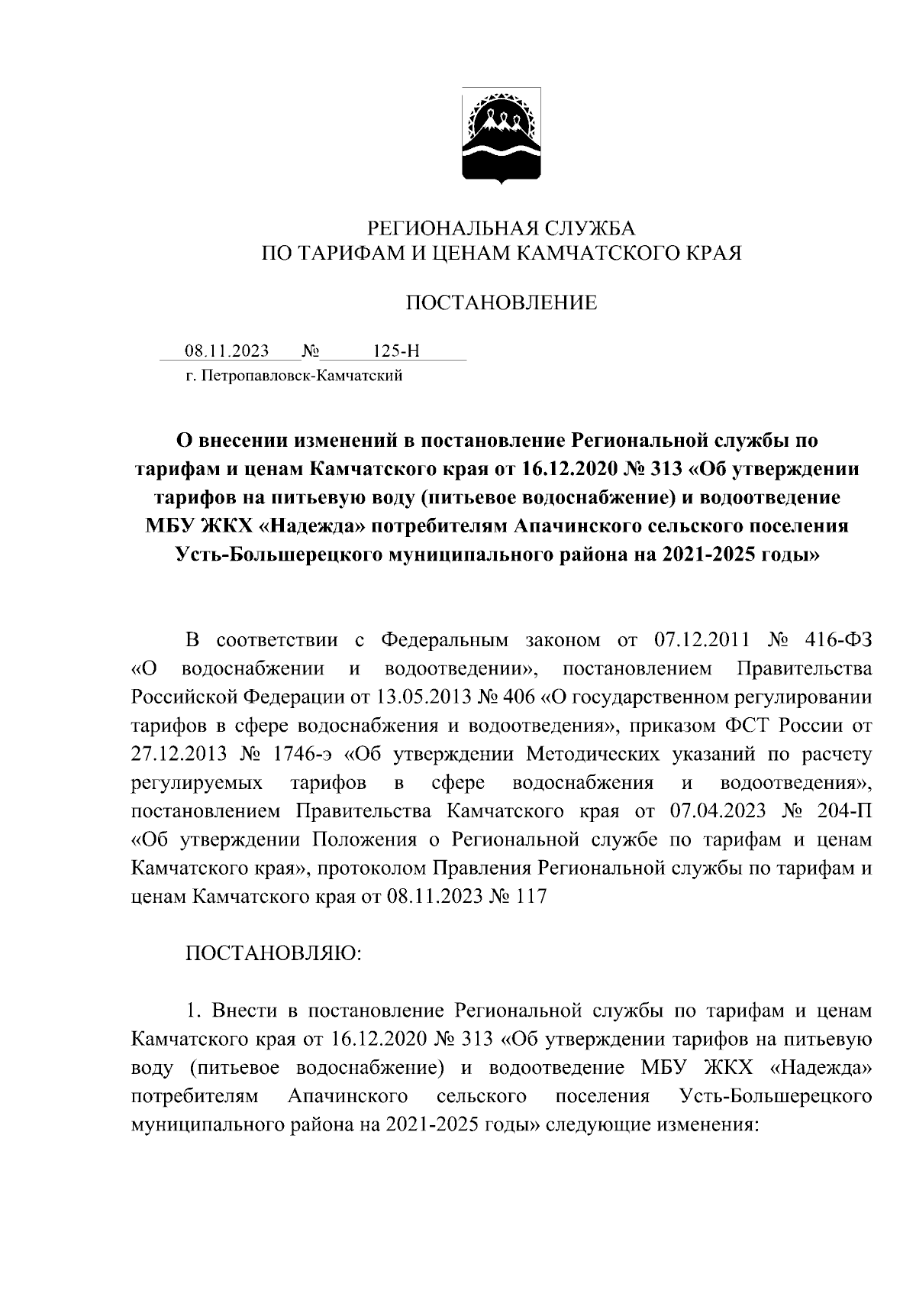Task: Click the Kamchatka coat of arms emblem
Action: [501, 135]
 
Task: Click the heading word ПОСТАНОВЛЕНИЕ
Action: [501, 303]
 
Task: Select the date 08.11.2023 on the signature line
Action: [227, 351]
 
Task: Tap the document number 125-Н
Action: [396, 351]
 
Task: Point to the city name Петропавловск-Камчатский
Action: [302, 376]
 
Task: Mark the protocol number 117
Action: [531, 896]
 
